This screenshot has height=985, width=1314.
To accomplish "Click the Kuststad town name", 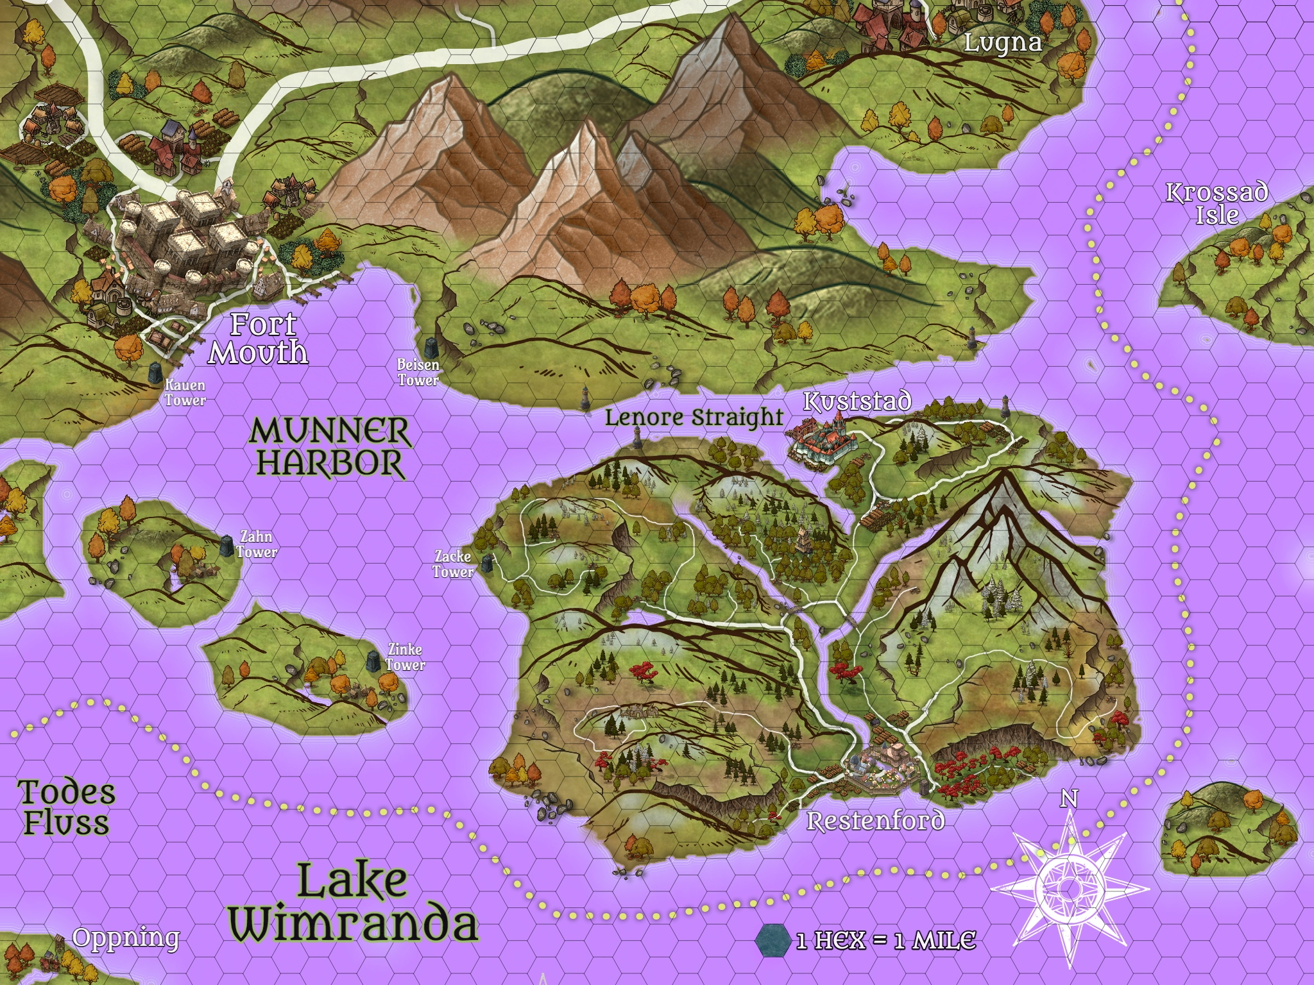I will coord(857,402).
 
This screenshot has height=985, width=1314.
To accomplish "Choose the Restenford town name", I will coord(875,821).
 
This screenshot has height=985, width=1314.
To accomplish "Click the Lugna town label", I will coord(1002,43).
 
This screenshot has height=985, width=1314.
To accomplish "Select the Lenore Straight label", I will coord(694,417).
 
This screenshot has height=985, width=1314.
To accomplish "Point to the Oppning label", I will coord(126,938).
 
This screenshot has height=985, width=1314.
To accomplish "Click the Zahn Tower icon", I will coord(226,546).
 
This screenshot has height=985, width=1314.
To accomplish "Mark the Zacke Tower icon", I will coord(487,563).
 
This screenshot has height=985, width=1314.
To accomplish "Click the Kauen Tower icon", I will coord(155,373).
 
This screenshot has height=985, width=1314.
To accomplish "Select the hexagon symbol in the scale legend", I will coord(774,939).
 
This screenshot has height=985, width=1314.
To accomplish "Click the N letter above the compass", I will coord(1068,798).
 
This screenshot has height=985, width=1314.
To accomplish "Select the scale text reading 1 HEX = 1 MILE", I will coord(886,941).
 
